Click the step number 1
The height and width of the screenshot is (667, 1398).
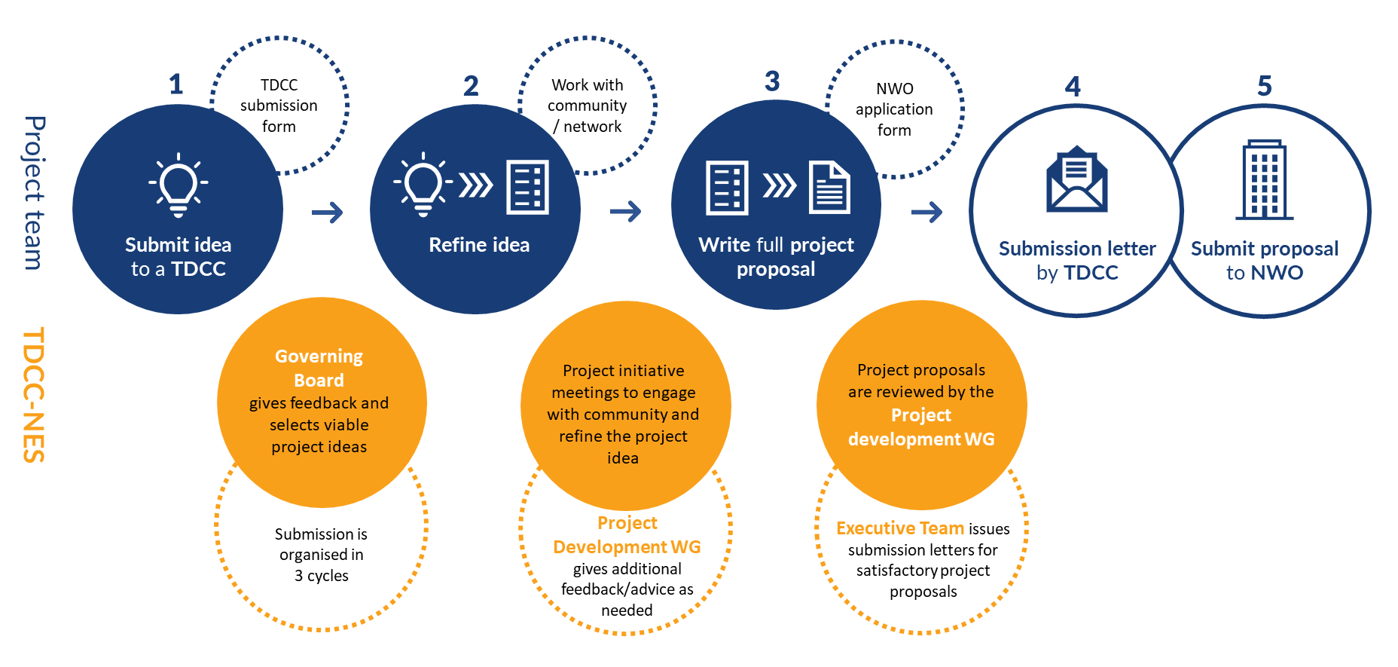176,84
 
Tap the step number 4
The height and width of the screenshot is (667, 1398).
1073,87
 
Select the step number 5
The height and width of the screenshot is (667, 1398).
1265,86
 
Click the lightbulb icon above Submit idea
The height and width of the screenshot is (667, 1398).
179,185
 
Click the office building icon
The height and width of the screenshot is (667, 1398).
1265,180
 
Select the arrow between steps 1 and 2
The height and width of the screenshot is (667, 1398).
327,213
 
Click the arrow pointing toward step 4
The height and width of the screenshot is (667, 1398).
926,213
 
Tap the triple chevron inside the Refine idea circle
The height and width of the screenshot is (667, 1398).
476,185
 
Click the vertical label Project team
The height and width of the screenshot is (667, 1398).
34,193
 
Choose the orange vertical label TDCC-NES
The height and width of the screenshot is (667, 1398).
34,394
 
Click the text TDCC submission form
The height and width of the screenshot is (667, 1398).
279,106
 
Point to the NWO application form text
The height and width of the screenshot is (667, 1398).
894,109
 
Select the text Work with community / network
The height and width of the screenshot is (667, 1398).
587,106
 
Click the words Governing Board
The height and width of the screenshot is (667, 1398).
319,368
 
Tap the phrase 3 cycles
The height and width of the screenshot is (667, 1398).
322,576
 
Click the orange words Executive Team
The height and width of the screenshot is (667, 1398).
899,528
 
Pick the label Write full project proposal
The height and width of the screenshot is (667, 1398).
776,257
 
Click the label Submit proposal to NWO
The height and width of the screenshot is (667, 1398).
1264,260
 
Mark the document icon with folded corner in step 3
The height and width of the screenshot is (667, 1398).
829,187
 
